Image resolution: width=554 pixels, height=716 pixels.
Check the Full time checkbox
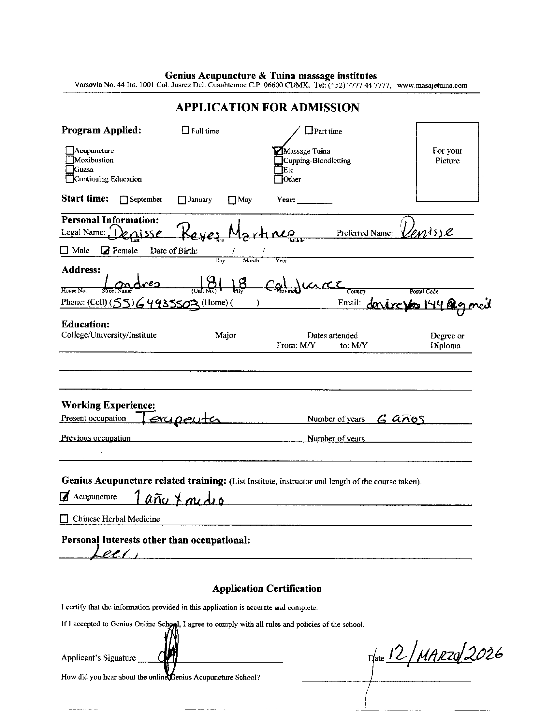tap(185, 131)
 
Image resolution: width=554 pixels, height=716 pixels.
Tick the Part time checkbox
tap(309, 131)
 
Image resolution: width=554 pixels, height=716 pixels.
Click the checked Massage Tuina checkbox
tap(278, 151)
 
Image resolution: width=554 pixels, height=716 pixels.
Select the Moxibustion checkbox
tap(70, 160)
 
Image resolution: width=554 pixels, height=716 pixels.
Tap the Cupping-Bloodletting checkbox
tap(278, 161)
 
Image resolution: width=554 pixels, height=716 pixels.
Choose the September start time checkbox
tap(124, 200)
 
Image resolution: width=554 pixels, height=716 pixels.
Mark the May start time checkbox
tap(232, 200)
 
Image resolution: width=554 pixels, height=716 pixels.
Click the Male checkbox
tap(64, 251)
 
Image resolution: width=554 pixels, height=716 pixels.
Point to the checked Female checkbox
tap(105, 251)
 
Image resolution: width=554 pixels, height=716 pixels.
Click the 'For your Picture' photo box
tap(447, 162)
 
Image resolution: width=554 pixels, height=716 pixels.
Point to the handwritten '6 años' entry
tap(401, 419)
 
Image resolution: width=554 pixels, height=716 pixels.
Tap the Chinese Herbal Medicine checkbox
tap(64, 519)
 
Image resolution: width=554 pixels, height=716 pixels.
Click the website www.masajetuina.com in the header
tap(432, 86)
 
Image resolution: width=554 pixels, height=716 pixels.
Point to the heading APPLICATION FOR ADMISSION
tap(267, 107)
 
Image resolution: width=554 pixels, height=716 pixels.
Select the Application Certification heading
tap(267, 588)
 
